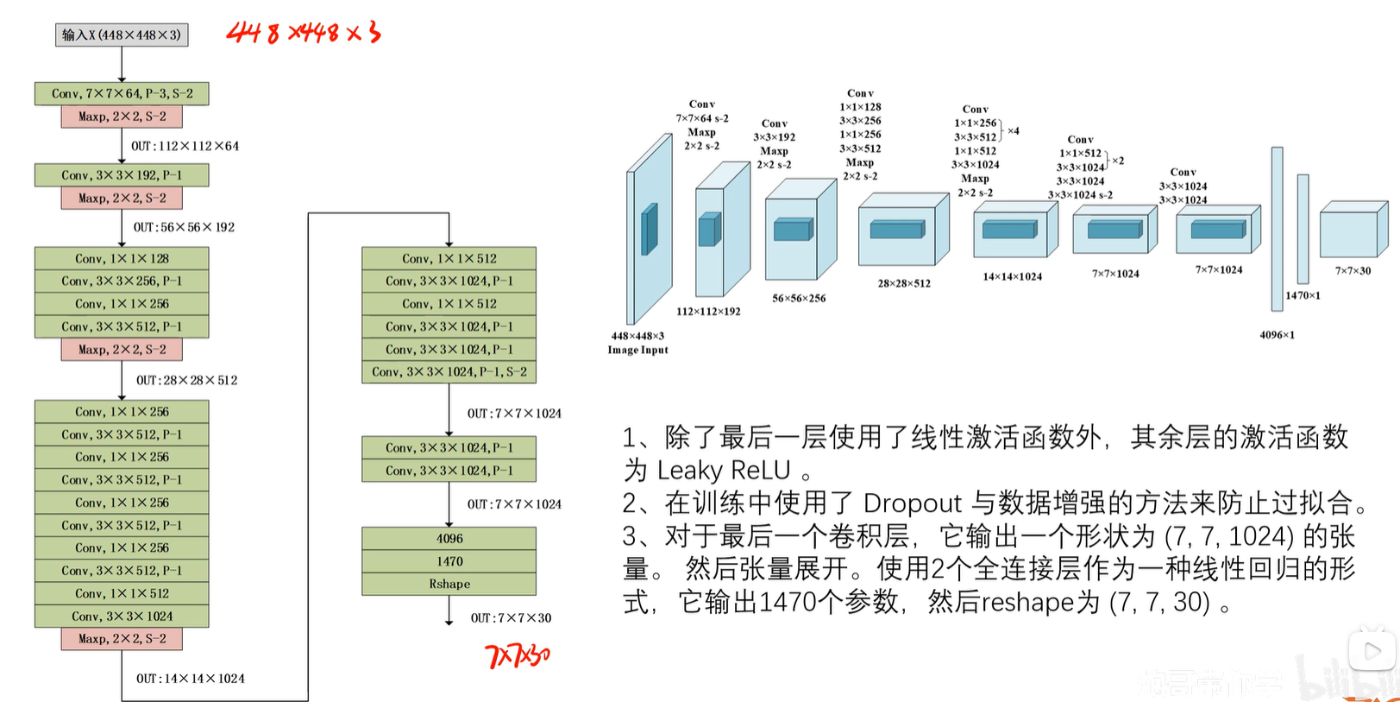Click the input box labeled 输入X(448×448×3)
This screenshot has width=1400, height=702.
pyautogui.click(x=122, y=35)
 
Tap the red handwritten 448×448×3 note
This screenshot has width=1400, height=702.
pyautogui.click(x=303, y=33)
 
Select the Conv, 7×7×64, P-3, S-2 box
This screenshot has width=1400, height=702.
pyautogui.click(x=122, y=93)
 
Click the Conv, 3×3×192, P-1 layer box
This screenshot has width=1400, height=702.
pyautogui.click(x=122, y=175)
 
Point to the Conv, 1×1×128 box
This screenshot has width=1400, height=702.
pyautogui.click(x=122, y=258)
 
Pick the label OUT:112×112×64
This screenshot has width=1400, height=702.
pyautogui.click(x=185, y=146)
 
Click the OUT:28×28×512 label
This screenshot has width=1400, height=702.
pyautogui.click(x=186, y=380)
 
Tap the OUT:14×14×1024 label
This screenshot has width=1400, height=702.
pyautogui.click(x=190, y=679)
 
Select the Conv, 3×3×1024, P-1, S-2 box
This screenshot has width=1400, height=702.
pyautogui.click(x=449, y=372)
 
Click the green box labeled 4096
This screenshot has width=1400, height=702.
pyautogui.click(x=449, y=539)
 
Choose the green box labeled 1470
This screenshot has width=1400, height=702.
pyautogui.click(x=449, y=561)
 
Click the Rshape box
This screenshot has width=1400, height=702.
pyautogui.click(x=449, y=585)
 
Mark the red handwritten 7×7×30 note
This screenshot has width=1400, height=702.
pyautogui.click(x=518, y=656)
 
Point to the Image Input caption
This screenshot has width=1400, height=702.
pyautogui.click(x=637, y=350)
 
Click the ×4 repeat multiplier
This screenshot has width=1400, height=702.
pyautogui.click(x=1014, y=131)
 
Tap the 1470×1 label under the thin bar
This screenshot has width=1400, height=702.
pyautogui.click(x=1303, y=295)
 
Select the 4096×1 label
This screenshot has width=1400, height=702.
pyautogui.click(x=1277, y=335)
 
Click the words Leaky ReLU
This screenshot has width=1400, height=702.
pyautogui.click(x=724, y=471)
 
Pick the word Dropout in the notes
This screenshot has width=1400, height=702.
pyautogui.click(x=912, y=503)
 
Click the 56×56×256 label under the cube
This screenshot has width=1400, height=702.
pyautogui.click(x=799, y=298)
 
